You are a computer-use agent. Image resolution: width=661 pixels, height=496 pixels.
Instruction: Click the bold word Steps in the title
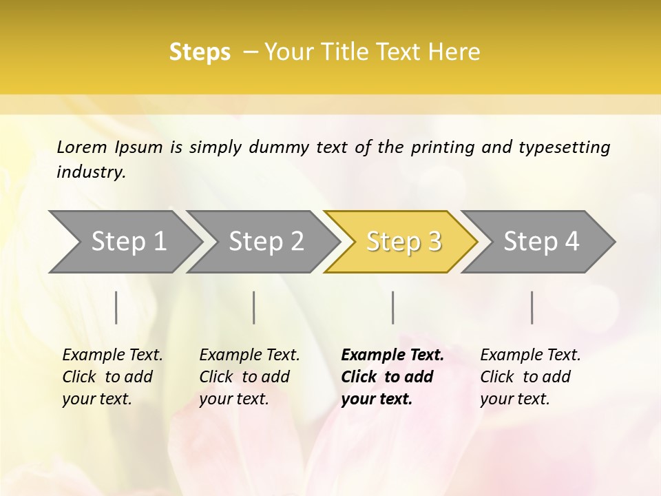pyautogui.click(x=200, y=52)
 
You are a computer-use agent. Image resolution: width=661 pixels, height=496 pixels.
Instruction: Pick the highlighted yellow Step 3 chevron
pyautogui.click(x=403, y=241)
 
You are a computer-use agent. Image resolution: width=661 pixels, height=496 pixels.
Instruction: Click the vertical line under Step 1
pyautogui.click(x=116, y=307)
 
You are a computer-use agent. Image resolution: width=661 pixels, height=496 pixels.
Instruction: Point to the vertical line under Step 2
pyautogui.click(x=254, y=307)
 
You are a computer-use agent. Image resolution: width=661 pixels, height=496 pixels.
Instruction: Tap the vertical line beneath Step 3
pyautogui.click(x=392, y=307)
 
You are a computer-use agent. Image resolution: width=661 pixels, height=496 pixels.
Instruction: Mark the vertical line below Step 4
pyautogui.click(x=532, y=307)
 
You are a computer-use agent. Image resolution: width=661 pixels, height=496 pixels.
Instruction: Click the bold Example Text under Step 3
pyautogui.click(x=392, y=377)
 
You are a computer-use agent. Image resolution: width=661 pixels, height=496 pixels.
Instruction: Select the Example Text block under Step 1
pyautogui.click(x=112, y=377)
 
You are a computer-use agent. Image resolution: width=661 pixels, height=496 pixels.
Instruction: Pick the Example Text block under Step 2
pyautogui.click(x=249, y=377)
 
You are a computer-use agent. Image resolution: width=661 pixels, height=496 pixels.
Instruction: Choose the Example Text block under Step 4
pyautogui.click(x=530, y=377)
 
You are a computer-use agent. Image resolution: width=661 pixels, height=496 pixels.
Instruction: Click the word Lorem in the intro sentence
pyautogui.click(x=82, y=147)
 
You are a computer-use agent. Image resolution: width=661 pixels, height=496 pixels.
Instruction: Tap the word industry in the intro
pyautogui.click(x=91, y=172)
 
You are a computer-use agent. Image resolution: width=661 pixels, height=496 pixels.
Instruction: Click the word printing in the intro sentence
pyautogui.click(x=440, y=147)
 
